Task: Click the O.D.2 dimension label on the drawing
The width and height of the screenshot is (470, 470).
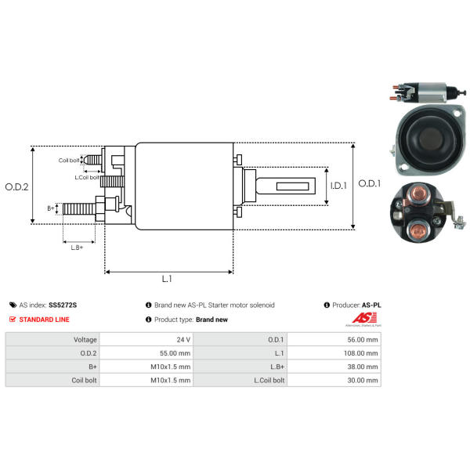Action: pyautogui.click(x=16, y=186)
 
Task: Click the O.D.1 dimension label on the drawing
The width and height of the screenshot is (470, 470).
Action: pyautogui.click(x=369, y=184)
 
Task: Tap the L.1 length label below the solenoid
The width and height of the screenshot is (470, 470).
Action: pyautogui.click(x=167, y=279)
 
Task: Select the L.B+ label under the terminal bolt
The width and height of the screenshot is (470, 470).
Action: pyautogui.click(x=77, y=248)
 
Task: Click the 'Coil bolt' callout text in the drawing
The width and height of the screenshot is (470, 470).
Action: pyautogui.click(x=69, y=161)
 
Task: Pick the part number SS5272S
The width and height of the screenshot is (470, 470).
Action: pyautogui.click(x=63, y=305)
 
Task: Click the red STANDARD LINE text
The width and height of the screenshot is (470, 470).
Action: pyautogui.click(x=44, y=320)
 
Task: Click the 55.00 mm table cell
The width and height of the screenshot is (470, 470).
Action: pyautogui.click(x=173, y=353)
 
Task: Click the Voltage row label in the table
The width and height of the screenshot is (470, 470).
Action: pyautogui.click(x=85, y=340)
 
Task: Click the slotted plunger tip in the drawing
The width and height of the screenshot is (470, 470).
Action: pyautogui.click(x=291, y=186)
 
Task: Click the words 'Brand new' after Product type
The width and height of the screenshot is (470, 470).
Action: pyautogui.click(x=211, y=320)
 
